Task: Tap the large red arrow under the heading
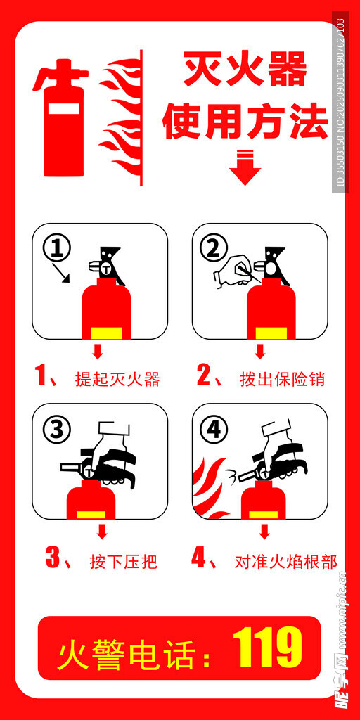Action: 245,167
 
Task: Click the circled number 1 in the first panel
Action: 57,249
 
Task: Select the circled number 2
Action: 214,249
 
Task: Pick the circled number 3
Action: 57,430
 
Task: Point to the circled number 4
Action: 214,430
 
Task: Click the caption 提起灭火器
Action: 117,379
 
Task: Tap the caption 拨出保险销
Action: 282,379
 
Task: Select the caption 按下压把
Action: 124,561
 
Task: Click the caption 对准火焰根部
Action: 285,561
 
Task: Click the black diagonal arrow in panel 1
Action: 61,273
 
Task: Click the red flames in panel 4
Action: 210,490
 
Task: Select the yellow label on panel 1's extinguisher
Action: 106,333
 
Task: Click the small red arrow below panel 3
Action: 102,532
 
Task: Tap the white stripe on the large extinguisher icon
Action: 64,109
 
